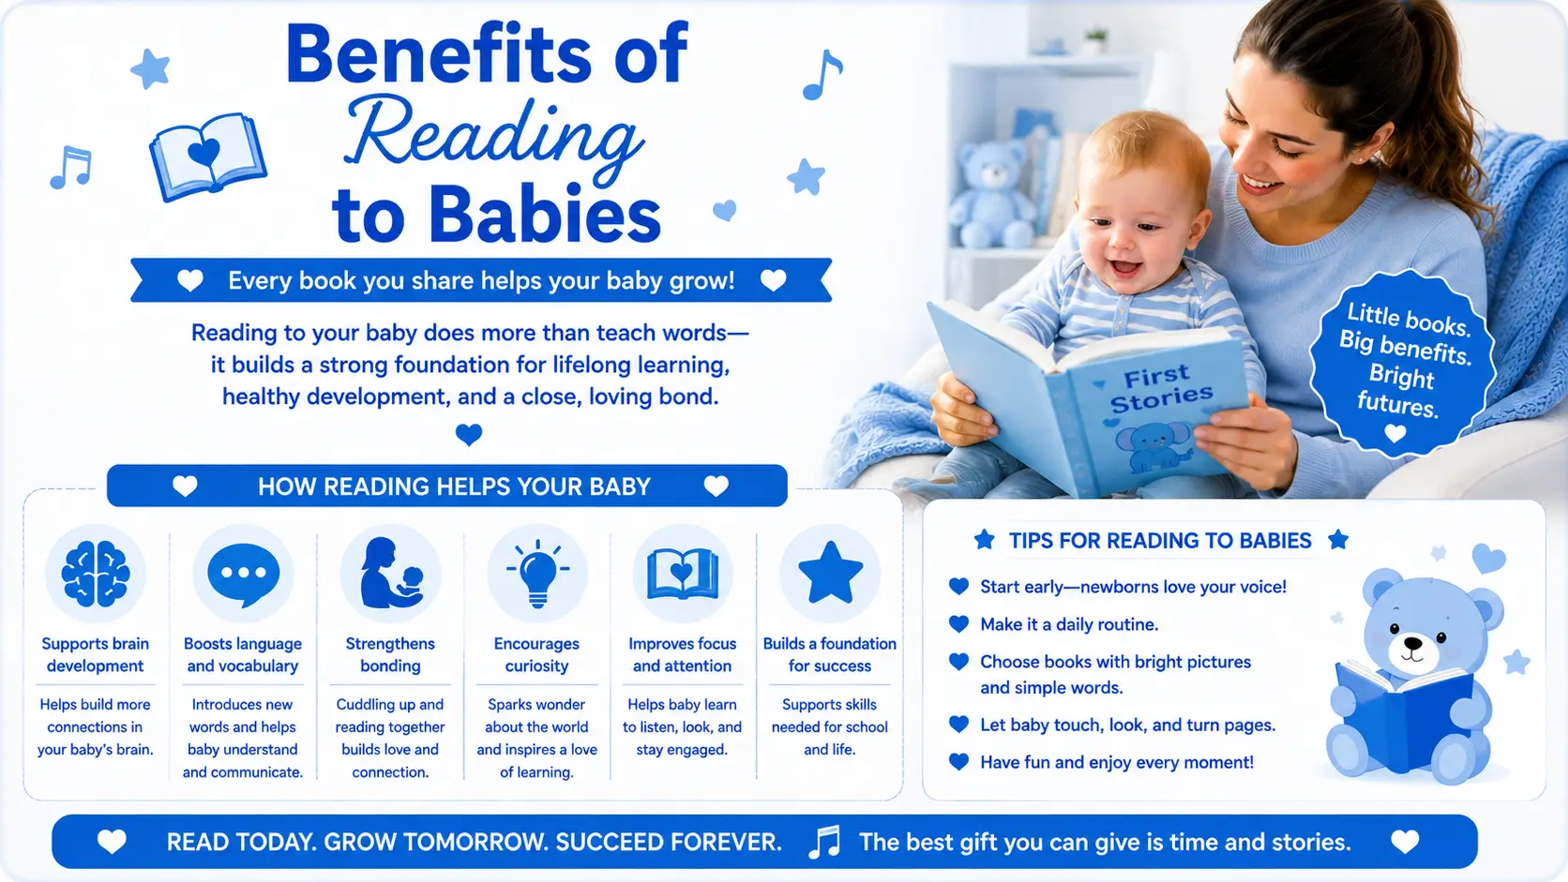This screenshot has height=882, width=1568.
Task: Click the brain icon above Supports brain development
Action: tap(96, 574)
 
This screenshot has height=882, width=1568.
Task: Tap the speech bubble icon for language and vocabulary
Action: tap(243, 575)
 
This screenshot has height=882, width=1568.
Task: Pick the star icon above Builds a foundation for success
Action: tap(830, 573)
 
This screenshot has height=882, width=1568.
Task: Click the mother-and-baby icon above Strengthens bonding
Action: tap(391, 573)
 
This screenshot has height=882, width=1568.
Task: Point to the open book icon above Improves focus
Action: tap(683, 575)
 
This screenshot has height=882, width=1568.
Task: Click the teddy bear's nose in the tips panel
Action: tap(1413, 643)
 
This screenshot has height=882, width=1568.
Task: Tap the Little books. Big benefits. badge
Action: tap(1402, 363)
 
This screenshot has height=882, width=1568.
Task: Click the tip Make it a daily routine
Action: tap(1069, 624)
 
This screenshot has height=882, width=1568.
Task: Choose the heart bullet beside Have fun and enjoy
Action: tap(958, 761)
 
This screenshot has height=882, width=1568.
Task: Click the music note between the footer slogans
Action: tap(824, 842)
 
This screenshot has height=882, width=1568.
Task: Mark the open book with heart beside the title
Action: tap(207, 157)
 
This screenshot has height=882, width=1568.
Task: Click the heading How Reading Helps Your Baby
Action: tap(454, 486)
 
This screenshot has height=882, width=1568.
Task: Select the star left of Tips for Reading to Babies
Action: tap(984, 539)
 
